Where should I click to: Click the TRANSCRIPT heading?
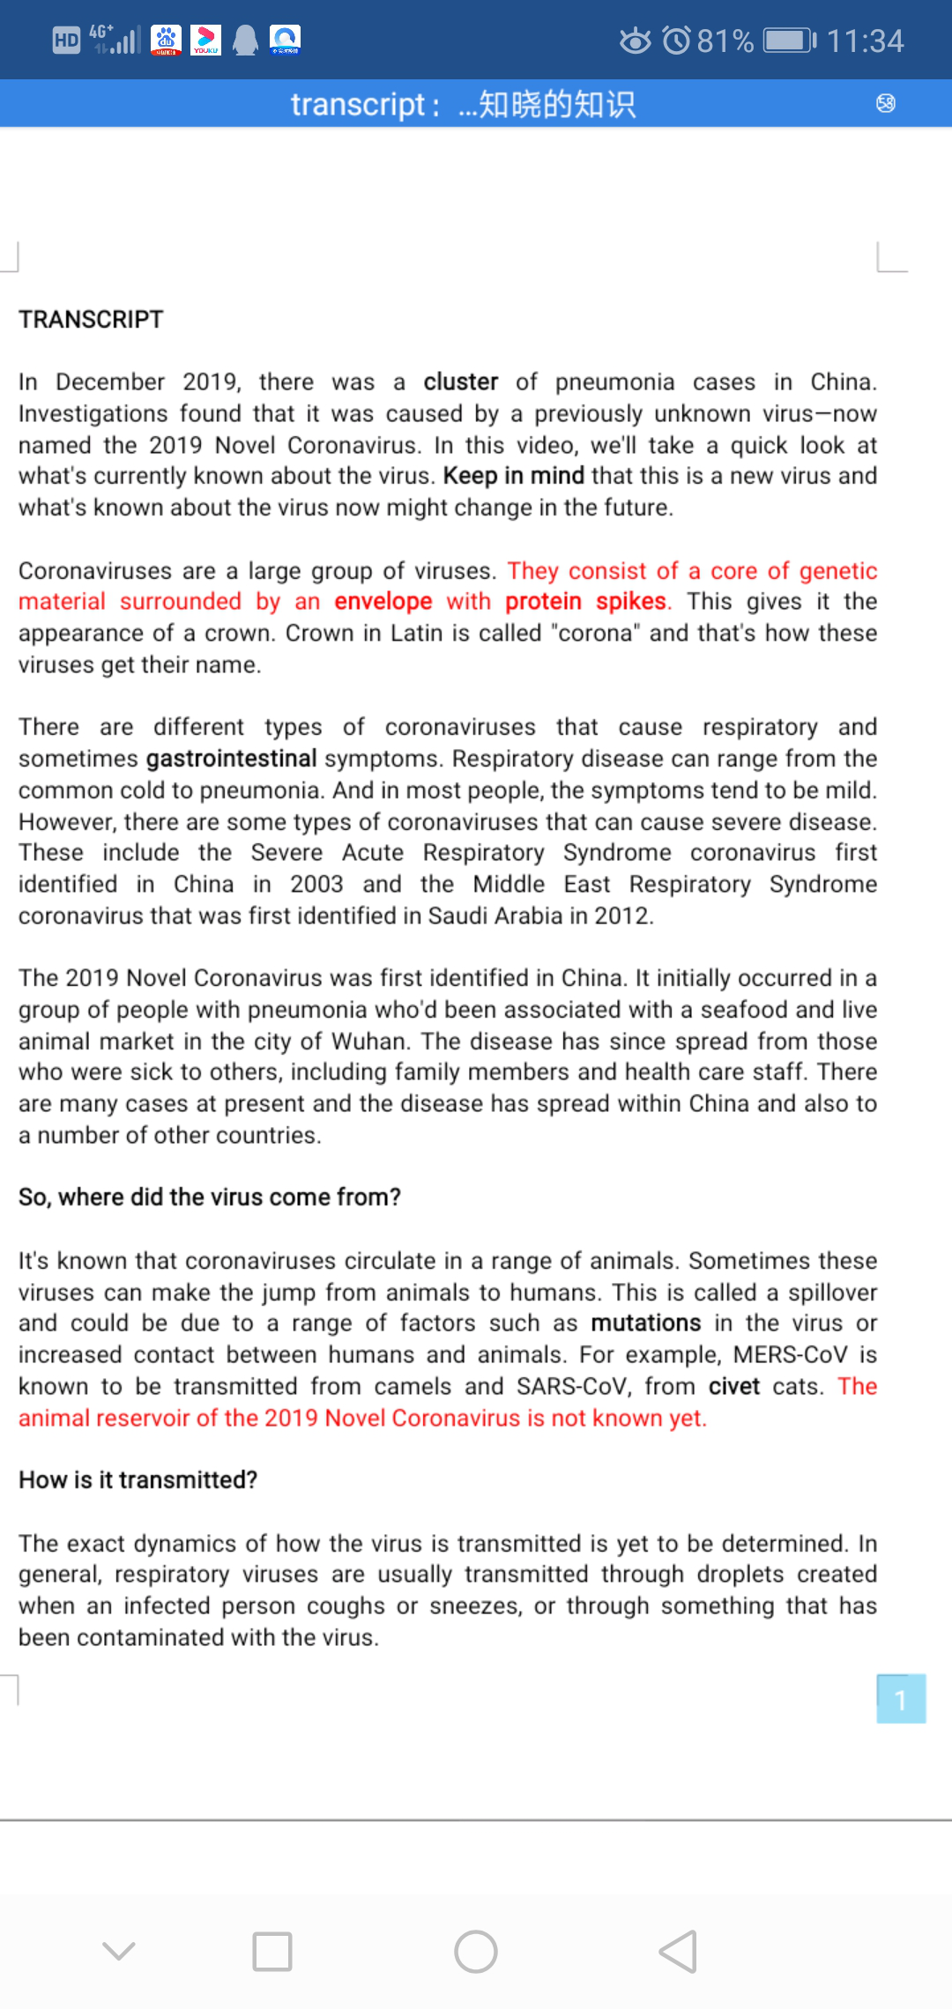point(91,319)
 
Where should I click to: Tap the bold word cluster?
point(460,382)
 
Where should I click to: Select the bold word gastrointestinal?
point(231,758)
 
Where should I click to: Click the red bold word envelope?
point(383,601)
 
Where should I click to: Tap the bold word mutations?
point(645,1323)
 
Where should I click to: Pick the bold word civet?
point(733,1386)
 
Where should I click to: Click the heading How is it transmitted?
point(138,1479)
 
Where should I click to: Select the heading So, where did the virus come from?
point(210,1197)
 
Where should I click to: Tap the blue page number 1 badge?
point(900,1699)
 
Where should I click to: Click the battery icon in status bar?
point(790,41)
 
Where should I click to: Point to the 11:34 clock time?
point(865,41)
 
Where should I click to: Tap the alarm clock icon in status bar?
point(676,41)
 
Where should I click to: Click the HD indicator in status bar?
point(66,41)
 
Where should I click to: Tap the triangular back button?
point(679,1952)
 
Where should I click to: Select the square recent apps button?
point(272,1952)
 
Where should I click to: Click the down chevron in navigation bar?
point(119,1952)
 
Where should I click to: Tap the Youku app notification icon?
point(205,40)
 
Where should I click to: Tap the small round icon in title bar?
point(886,104)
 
